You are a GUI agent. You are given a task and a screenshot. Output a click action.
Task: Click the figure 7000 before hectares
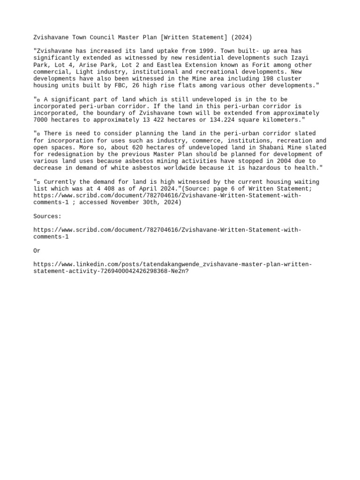(40, 120)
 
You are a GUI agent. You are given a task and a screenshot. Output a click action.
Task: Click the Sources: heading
(47, 216)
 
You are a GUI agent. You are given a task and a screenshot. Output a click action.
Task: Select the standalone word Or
(37, 251)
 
